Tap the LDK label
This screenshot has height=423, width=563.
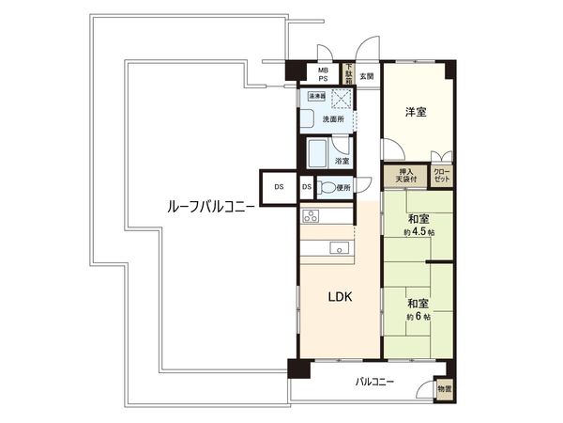tap(340, 297)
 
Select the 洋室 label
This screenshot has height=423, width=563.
tap(416, 113)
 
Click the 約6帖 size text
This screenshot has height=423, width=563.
tap(418, 317)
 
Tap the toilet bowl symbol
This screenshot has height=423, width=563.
tap(326, 188)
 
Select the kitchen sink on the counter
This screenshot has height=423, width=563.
tap(339, 248)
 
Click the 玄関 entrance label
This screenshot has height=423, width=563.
tap(365, 76)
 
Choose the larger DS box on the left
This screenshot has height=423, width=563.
tap(279, 187)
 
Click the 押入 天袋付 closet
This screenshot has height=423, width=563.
tap(406, 175)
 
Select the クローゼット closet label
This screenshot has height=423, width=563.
tap(441, 175)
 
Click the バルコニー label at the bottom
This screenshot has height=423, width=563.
tap(374, 382)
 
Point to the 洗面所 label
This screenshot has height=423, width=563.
tap(335, 120)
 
